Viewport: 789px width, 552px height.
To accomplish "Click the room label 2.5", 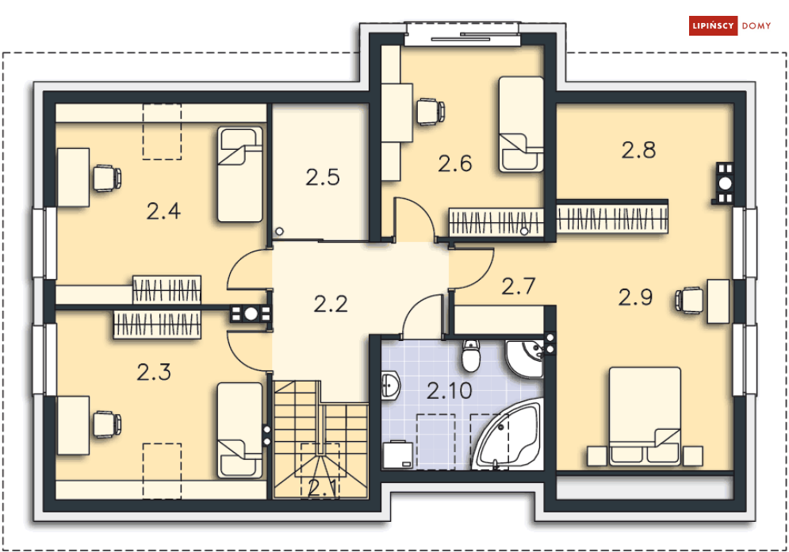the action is (x=323, y=178).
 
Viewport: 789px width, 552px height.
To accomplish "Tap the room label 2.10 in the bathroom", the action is (x=450, y=390).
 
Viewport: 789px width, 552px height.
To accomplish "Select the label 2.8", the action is (x=638, y=150).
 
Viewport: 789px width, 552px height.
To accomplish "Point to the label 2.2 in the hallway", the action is (x=331, y=304).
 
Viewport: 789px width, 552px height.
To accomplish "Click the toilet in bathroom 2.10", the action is (x=471, y=355).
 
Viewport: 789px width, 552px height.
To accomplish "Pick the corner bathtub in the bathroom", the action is (x=508, y=435).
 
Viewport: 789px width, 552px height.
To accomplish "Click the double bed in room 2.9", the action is (x=645, y=416).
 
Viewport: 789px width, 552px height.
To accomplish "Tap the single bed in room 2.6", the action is (x=521, y=125).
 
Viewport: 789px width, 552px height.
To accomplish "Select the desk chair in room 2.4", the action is (x=107, y=178).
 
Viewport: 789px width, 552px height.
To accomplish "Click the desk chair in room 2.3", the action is (x=107, y=424).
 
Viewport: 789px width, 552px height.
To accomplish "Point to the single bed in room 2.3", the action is (x=240, y=430).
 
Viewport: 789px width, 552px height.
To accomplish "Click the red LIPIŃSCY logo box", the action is (x=713, y=25).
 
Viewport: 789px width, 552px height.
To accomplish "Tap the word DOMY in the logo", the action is (x=756, y=26).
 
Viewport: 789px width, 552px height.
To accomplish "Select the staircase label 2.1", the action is (x=322, y=488).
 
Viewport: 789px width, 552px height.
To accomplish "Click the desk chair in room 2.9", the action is (x=689, y=301).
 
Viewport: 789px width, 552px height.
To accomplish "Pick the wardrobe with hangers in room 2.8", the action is (x=612, y=218).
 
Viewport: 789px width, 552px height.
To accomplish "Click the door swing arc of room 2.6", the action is (x=422, y=207).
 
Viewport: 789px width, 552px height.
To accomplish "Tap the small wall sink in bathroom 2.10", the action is (x=390, y=385).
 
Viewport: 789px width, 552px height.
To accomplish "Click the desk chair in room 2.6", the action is (x=431, y=111).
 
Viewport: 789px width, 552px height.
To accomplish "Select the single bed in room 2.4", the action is (x=240, y=174).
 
